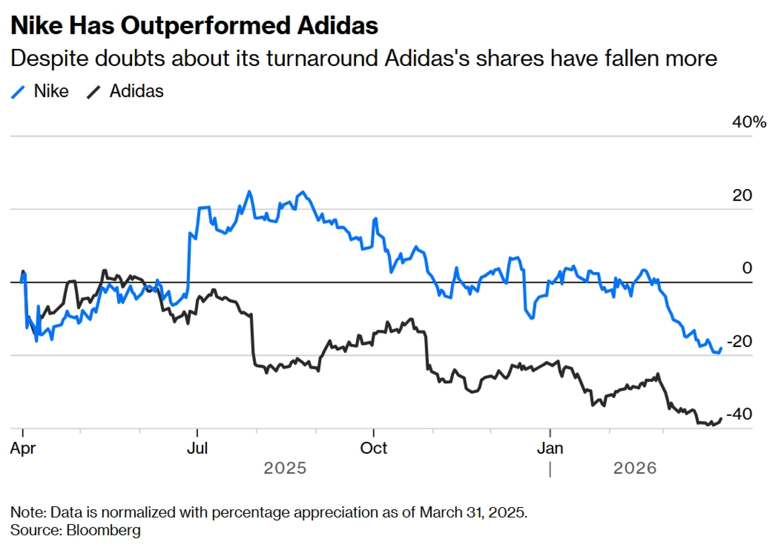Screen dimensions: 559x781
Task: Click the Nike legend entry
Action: [x=51, y=91]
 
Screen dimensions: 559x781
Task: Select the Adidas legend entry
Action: [x=136, y=91]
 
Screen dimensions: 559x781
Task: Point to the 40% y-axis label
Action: [x=749, y=122]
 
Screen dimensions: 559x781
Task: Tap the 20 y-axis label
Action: [x=742, y=196]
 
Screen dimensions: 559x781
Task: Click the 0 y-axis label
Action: [x=747, y=268]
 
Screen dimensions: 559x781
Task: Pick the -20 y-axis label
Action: [x=739, y=342]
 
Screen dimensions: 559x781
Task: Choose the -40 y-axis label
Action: [x=739, y=414]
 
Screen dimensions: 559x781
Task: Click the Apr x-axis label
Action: [x=23, y=448]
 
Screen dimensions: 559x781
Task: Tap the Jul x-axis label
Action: [x=197, y=448]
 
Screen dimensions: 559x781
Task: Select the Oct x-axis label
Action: [x=373, y=448]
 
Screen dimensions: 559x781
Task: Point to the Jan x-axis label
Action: [x=550, y=448]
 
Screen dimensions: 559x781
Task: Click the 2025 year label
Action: [x=285, y=468]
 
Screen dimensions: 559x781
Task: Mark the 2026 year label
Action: [x=635, y=468]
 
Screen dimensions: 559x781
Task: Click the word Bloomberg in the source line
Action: [x=103, y=531]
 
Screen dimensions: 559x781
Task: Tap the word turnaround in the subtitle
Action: [x=322, y=59]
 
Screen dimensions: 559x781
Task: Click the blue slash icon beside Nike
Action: [x=18, y=92]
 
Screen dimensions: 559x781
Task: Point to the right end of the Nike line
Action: [x=721, y=348]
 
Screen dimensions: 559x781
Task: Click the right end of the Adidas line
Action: [x=721, y=419]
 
